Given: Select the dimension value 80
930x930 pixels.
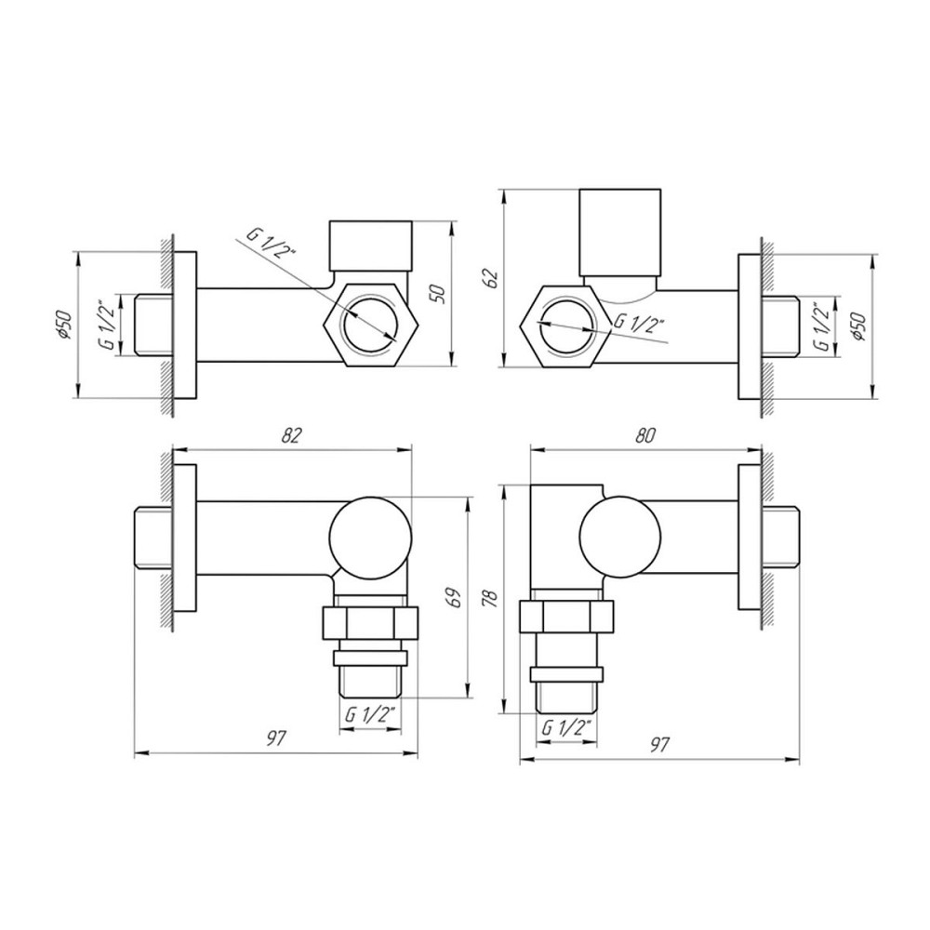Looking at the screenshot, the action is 644,435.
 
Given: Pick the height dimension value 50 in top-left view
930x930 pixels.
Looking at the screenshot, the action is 440,294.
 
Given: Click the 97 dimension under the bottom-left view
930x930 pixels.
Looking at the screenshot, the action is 276,738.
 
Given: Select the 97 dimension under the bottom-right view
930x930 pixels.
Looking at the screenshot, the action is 659,744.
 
